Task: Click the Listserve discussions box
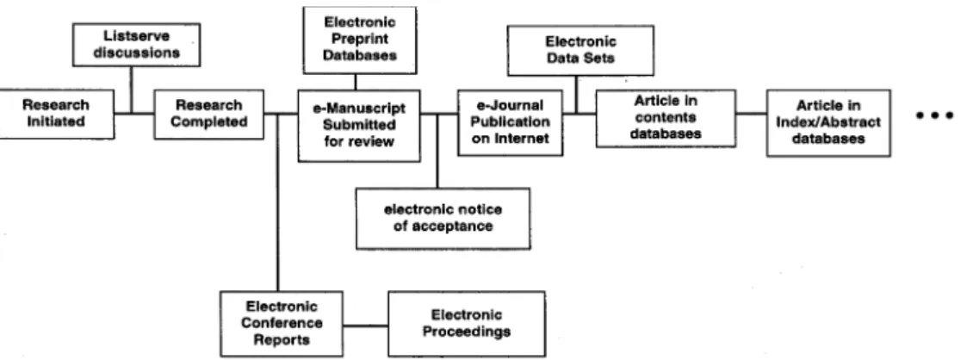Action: [136, 45]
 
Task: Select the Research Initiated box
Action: [56, 114]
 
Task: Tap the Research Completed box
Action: [209, 114]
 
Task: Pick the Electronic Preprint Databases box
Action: [360, 40]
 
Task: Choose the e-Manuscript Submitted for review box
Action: [360, 126]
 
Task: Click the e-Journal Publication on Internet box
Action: [510, 122]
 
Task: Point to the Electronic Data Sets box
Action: [580, 51]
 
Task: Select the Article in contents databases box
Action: [666, 118]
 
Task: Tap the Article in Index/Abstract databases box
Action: [828, 122]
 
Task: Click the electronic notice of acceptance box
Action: [443, 218]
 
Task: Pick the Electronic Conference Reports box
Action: [282, 324]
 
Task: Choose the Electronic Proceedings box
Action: [466, 324]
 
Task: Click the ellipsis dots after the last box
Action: [935, 115]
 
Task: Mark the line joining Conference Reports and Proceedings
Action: [366, 325]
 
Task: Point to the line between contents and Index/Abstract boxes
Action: [751, 114]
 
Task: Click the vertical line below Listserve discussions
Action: [131, 90]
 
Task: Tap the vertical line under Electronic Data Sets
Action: [576, 95]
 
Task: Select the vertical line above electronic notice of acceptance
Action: [437, 151]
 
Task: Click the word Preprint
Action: [360, 38]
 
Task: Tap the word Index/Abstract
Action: [828, 122]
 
